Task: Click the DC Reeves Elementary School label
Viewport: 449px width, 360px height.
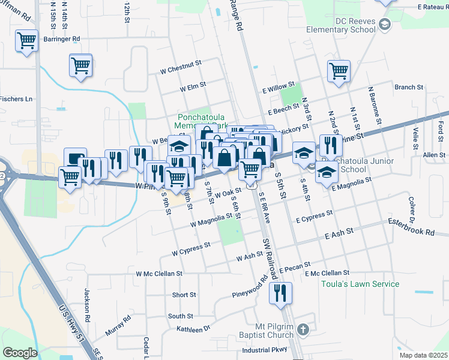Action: pyautogui.click(x=340, y=25)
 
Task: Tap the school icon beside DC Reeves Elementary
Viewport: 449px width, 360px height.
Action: pyautogui.click(x=385, y=25)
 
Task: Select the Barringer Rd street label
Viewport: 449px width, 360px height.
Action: pyautogui.click(x=62, y=39)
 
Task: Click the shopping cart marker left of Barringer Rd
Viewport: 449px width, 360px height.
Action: pyautogui.click(x=27, y=42)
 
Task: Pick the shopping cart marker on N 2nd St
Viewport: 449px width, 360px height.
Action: pyautogui.click(x=339, y=71)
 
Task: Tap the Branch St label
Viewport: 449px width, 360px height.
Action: pyautogui.click(x=409, y=87)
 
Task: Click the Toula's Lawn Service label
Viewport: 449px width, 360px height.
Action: pyautogui.click(x=352, y=284)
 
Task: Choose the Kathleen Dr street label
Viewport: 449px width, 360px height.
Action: pyautogui.click(x=193, y=329)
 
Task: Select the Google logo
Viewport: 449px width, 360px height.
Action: pyautogui.click(x=19, y=353)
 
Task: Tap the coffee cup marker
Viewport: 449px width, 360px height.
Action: pyautogui.click(x=75, y=158)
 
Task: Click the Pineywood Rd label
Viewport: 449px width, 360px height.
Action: pyautogui.click(x=250, y=288)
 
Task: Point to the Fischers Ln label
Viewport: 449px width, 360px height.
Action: pyautogui.click(x=16, y=99)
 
